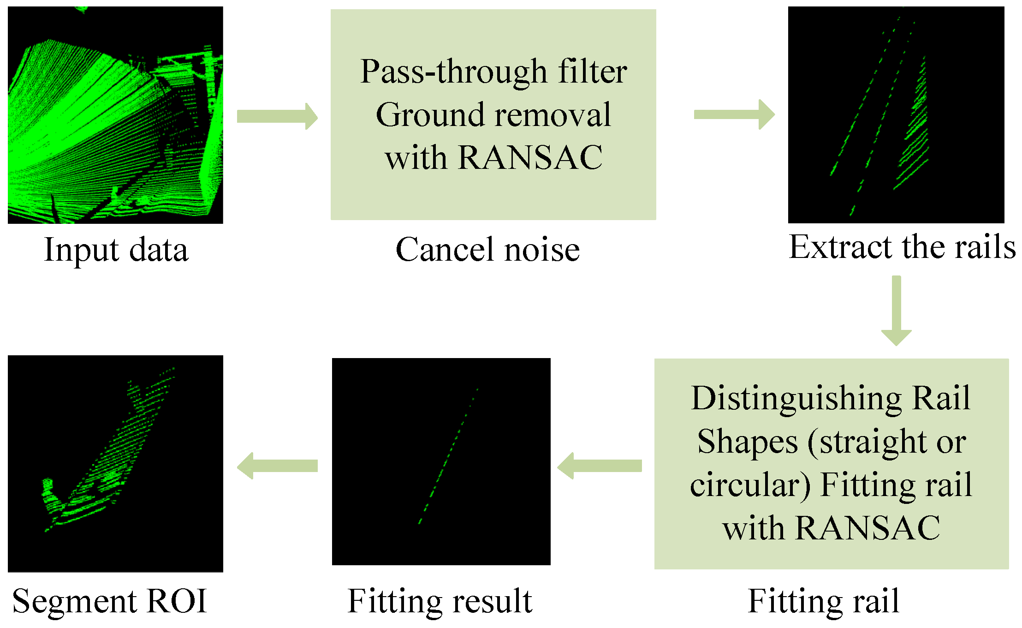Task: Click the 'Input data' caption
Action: coord(116,250)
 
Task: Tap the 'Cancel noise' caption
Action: coord(487,250)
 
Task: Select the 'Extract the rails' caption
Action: coord(902,247)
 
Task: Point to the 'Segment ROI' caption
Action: coord(110,601)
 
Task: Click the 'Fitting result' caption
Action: coord(440,601)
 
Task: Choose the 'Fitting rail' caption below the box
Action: coord(824,601)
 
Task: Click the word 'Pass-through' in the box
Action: coord(453,72)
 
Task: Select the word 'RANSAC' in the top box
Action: coord(530,158)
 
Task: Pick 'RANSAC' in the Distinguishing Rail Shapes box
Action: coord(868,528)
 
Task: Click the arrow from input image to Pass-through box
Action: coord(277,116)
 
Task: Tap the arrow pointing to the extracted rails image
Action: coord(734,114)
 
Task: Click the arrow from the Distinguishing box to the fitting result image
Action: coord(599,466)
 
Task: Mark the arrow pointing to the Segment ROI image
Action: coord(277,466)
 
